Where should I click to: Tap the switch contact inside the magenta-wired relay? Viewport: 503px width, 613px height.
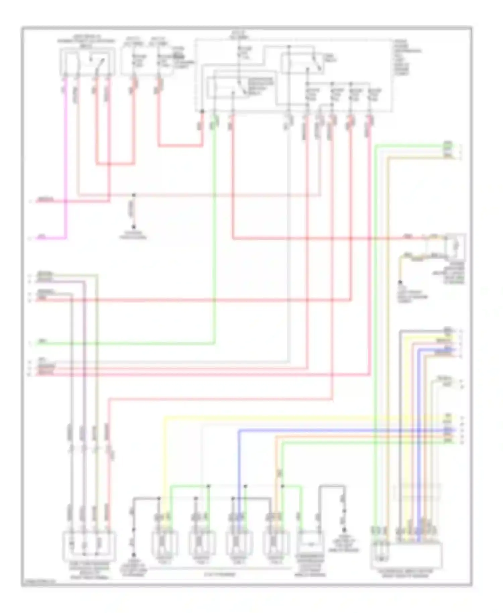[100, 63]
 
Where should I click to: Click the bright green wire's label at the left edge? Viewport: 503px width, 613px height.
[42, 342]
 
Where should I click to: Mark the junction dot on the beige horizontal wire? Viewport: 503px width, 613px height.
[134, 195]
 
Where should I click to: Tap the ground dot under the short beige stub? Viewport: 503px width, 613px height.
[134, 227]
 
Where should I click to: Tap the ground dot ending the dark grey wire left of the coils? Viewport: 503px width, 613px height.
[134, 555]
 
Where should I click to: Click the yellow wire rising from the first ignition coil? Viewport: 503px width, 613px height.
[164, 469]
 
